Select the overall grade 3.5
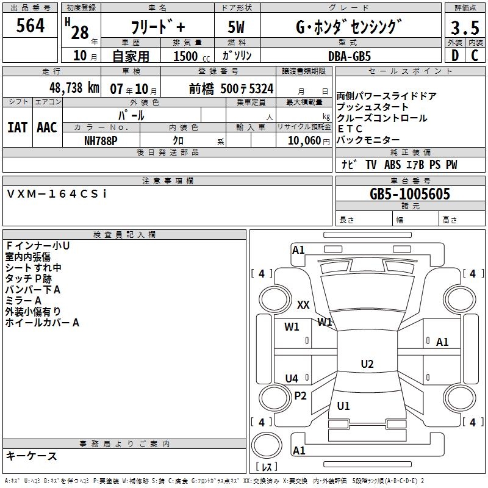[x=464, y=28]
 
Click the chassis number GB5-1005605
[x=410, y=194]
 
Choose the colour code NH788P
[x=101, y=140]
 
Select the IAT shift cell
[x=17, y=127]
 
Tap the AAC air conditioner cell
[x=47, y=127]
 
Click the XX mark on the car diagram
[x=303, y=304]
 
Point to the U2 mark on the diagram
[x=367, y=364]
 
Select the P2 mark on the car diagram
[x=300, y=396]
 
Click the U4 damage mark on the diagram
[x=292, y=378]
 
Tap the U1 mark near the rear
[x=343, y=406]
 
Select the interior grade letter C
[x=475, y=56]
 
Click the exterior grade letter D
[x=454, y=56]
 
